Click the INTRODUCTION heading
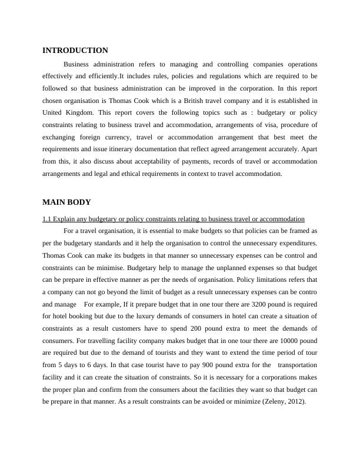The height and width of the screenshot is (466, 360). click(x=75, y=51)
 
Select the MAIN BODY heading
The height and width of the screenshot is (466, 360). click(x=66, y=202)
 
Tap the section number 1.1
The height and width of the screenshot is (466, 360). click(x=48, y=219)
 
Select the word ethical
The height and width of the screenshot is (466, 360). click(x=144, y=174)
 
